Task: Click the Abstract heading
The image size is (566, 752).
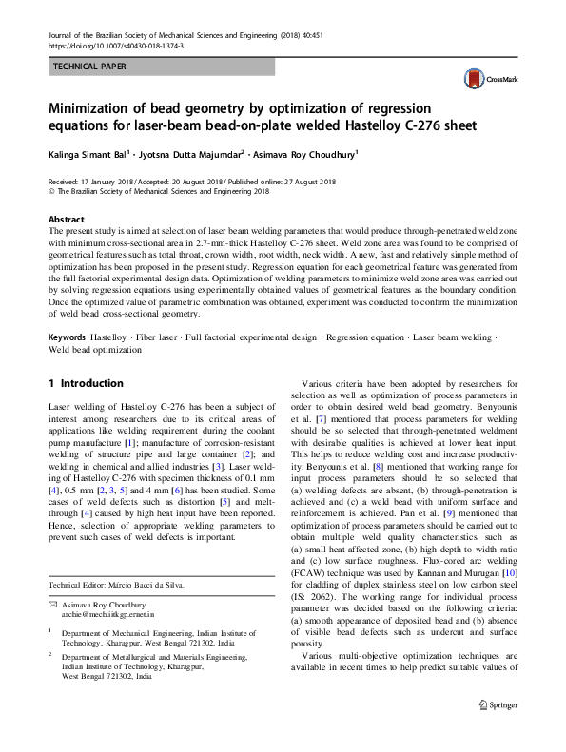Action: (66, 218)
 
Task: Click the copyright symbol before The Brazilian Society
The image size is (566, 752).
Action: (50, 190)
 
